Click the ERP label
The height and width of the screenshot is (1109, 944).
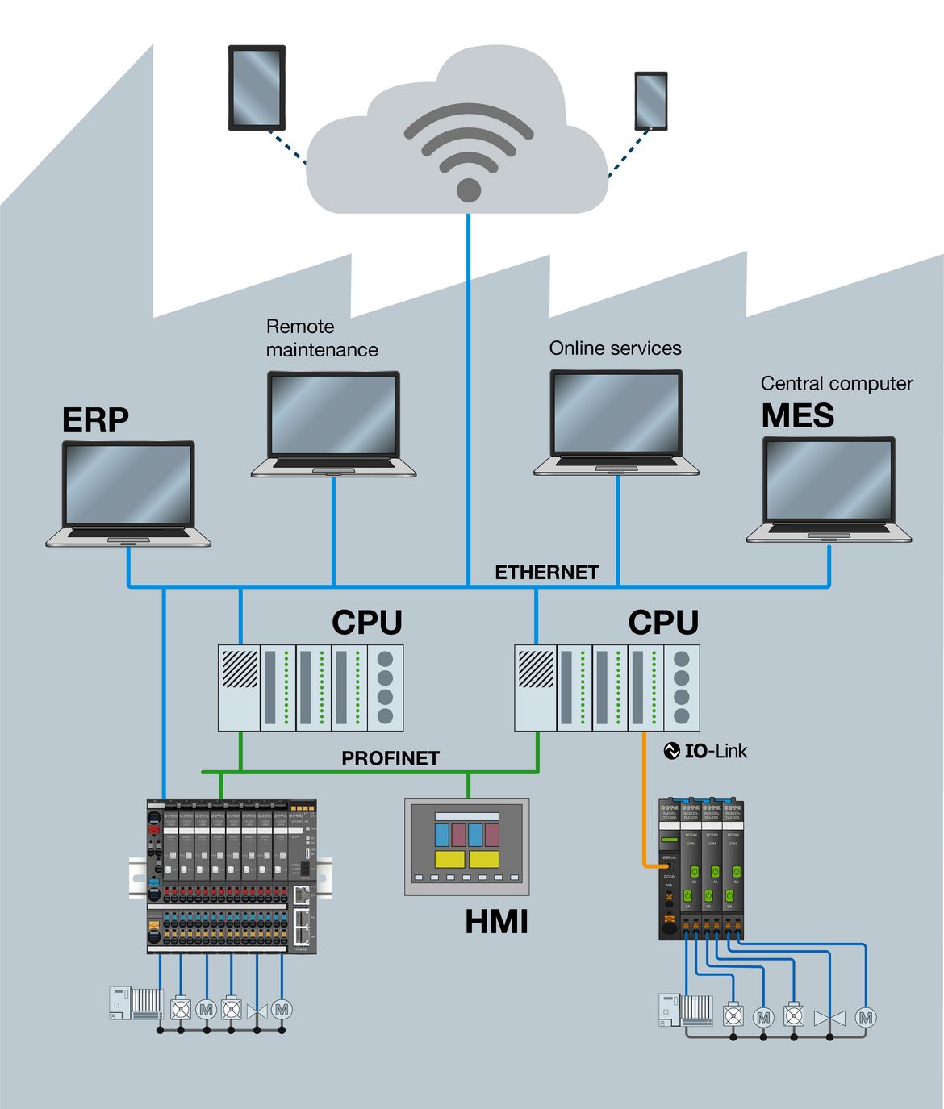pos(95,420)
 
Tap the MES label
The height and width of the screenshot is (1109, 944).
pos(797,415)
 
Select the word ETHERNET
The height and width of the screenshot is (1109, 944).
pos(546,573)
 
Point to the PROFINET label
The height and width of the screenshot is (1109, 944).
pos(391,758)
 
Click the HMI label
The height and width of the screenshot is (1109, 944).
pos(496,922)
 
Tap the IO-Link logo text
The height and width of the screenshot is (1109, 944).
pos(706,751)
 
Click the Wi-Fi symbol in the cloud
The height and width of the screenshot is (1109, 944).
pos(468,153)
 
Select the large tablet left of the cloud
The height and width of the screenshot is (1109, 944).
pos(257,87)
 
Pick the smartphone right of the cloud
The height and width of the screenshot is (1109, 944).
pos(650,101)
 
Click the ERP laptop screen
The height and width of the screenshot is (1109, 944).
pos(128,484)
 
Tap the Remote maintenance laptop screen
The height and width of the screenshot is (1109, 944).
pos(333,415)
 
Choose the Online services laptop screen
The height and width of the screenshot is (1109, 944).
pos(616,413)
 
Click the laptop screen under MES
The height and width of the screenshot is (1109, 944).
pos(829,480)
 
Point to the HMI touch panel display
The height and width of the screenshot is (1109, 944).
pos(466,846)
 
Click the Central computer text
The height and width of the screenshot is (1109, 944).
pos(837,384)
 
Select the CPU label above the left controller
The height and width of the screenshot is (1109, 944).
pos(366,623)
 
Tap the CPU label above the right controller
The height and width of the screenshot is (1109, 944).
pos(663,623)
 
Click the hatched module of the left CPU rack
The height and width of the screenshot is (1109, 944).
pos(240,669)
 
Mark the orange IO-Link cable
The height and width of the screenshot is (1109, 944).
pos(644,798)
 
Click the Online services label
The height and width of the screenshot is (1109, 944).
pos(615,348)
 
